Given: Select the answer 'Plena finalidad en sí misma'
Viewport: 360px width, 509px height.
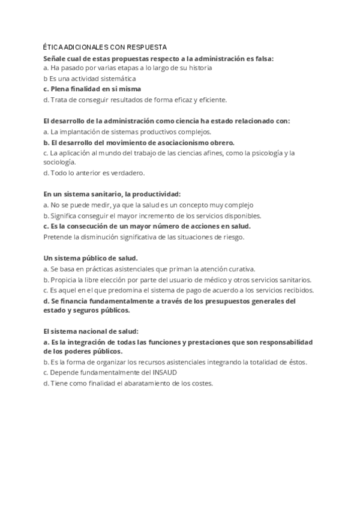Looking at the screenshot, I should [x=92, y=89].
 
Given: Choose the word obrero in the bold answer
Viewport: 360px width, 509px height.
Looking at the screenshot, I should [x=220, y=142].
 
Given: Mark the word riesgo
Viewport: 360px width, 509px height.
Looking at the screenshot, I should [x=231, y=236].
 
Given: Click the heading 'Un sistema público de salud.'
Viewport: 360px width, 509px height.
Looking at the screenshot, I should [x=82, y=258].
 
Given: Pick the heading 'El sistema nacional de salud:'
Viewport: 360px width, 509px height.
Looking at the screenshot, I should [x=91, y=331].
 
